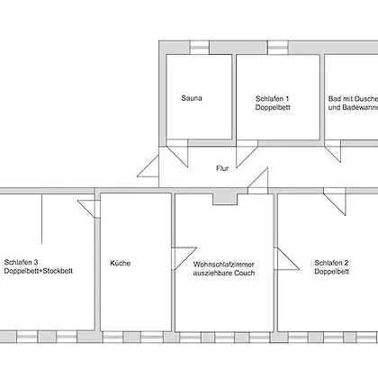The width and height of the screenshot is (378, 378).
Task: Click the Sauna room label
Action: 192,98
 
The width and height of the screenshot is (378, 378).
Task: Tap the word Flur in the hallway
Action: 222,168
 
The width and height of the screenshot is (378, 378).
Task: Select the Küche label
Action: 121,263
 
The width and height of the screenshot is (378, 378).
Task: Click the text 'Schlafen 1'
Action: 273,98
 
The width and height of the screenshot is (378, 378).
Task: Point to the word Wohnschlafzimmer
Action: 224,265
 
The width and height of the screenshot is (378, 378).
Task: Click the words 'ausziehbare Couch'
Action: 224,273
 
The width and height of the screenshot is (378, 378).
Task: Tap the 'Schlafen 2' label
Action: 331,263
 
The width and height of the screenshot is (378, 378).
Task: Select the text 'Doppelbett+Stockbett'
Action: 39,271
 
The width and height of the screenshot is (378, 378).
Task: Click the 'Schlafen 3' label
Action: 21,262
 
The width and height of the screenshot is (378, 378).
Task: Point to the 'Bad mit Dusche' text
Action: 353,99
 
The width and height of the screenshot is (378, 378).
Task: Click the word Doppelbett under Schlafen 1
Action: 273,107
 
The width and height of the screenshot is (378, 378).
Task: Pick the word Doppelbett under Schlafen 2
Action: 332,272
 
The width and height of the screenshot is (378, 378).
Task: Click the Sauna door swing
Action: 177,153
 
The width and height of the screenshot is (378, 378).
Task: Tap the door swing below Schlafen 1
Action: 247,154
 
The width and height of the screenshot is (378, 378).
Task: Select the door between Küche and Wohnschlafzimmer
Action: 184,258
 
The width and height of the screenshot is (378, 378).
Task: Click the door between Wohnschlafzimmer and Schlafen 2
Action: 287,258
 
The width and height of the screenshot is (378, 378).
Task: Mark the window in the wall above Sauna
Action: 199,48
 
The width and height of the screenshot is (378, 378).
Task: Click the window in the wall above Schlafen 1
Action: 278,48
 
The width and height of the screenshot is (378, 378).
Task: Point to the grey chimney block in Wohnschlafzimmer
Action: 225,200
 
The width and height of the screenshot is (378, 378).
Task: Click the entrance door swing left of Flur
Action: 148,166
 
